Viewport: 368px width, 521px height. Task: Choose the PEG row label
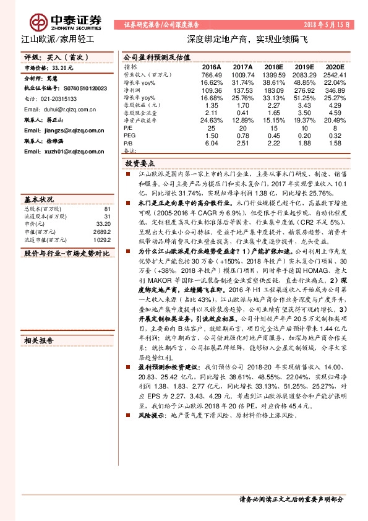[129, 135]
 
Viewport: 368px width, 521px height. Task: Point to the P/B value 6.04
[212, 143]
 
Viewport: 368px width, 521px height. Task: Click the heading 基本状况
[39, 200]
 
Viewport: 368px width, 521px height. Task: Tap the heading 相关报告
[39, 340]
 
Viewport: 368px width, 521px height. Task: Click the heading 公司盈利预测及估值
[151, 55]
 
